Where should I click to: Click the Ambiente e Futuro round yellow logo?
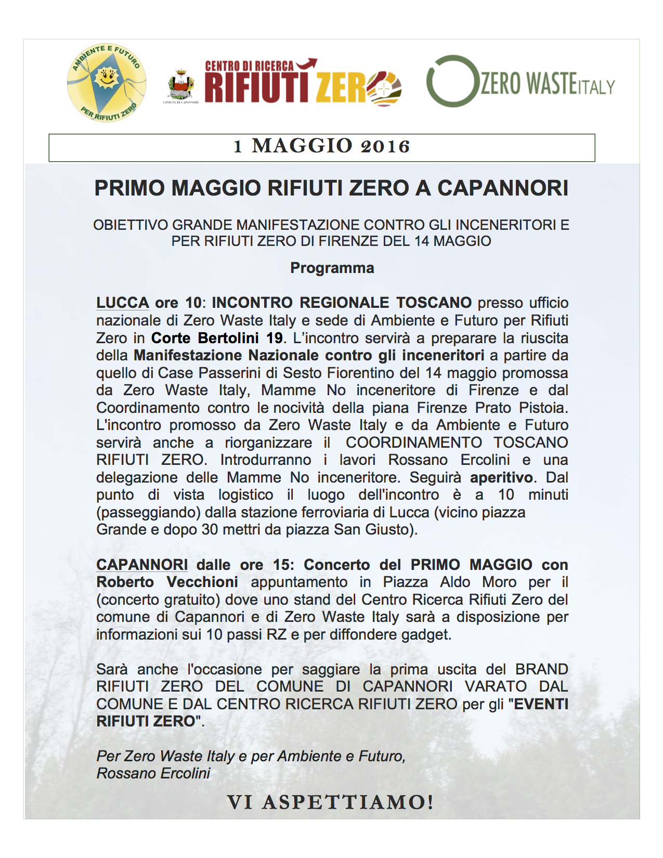point(106,83)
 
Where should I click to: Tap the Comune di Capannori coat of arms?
point(181,84)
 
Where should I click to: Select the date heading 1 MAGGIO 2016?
point(322,147)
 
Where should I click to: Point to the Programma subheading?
point(332,268)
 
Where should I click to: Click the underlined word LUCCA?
point(123,303)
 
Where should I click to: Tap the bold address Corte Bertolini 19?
point(217,338)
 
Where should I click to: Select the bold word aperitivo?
point(501,477)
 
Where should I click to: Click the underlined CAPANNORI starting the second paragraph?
point(142,565)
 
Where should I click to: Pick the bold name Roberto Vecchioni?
point(167,582)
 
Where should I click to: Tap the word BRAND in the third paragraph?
point(541,669)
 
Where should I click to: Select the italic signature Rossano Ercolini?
point(153,773)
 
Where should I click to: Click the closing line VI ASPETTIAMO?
point(330,802)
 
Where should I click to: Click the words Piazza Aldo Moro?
point(450,582)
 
